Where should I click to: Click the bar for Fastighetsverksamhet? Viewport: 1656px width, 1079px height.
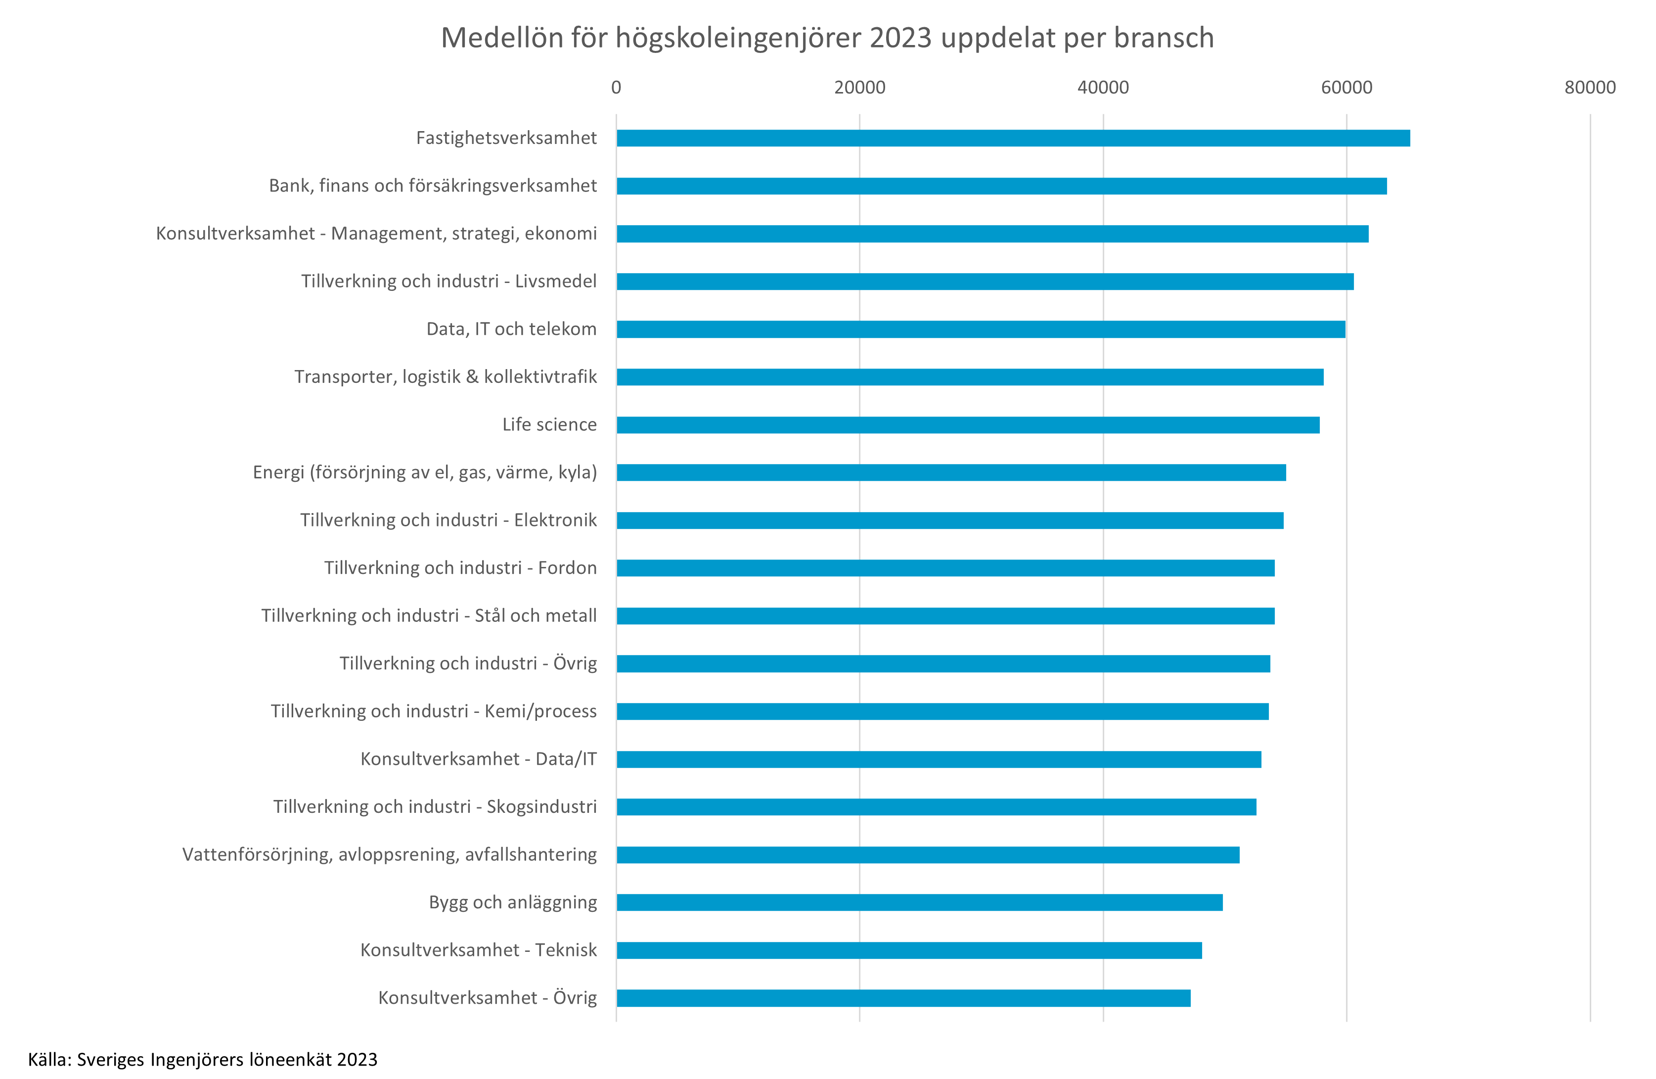click(x=1013, y=138)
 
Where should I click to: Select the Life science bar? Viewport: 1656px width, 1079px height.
click(x=968, y=424)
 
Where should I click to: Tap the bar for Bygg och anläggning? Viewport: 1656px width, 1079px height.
click(x=919, y=902)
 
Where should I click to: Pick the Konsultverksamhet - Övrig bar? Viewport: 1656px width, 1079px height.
click(x=903, y=997)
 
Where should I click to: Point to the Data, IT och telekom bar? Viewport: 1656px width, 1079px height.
click(x=981, y=329)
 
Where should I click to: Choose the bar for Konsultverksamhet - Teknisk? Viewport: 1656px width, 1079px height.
click(x=909, y=950)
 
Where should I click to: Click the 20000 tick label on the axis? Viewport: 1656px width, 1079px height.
click(x=859, y=88)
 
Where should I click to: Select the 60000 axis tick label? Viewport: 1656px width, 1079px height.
click(x=1346, y=88)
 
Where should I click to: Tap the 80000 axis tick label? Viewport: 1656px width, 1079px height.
click(x=1590, y=88)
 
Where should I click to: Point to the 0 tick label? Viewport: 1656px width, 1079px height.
click(x=616, y=88)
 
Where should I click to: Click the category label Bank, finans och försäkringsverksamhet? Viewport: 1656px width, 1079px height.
click(x=433, y=186)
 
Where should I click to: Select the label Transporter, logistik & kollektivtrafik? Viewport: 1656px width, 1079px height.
click(x=446, y=376)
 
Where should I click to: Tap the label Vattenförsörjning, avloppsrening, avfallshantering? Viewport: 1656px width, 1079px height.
click(x=390, y=854)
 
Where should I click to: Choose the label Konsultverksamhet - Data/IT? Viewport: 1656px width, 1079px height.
click(x=479, y=759)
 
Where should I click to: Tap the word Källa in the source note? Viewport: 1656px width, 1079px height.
click(x=48, y=1060)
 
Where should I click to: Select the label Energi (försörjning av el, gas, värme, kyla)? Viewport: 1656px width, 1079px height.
click(x=424, y=472)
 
